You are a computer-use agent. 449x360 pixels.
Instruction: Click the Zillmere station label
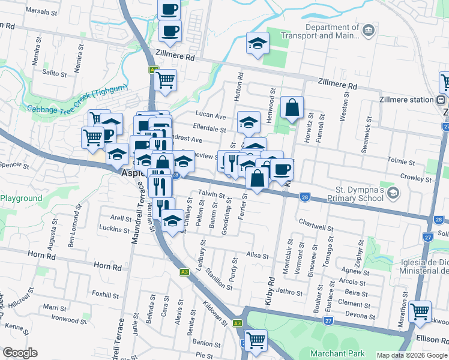[x=406, y=100]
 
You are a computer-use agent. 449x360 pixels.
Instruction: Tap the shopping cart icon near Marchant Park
[x=256, y=340]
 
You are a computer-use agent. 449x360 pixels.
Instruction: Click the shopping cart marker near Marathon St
[x=420, y=311]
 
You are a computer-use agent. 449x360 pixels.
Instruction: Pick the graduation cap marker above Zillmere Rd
[x=258, y=43]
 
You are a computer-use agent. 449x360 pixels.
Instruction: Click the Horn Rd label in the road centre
[x=107, y=265]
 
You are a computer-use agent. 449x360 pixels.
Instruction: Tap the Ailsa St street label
[x=258, y=255]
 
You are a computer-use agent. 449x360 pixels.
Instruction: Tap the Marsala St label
[x=41, y=12]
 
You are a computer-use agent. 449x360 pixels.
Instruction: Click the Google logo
[x=20, y=353]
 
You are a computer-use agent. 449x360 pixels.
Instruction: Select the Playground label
[x=22, y=199]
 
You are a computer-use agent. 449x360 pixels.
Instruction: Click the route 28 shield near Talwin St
[x=305, y=197]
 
